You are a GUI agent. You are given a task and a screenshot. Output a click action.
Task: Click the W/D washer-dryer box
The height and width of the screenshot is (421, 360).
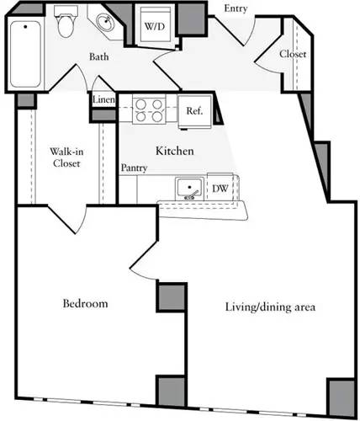pyautogui.click(x=156, y=27)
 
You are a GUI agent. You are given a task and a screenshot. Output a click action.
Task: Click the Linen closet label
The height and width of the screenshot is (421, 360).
pyautogui.click(x=103, y=99)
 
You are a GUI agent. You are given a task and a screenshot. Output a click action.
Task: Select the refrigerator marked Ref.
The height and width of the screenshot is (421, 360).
pyautogui.click(x=194, y=109)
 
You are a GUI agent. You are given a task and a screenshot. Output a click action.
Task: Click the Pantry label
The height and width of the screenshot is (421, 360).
pyautogui.click(x=134, y=168)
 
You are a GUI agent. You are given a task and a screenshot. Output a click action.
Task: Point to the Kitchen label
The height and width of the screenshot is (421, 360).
pyautogui.click(x=175, y=152)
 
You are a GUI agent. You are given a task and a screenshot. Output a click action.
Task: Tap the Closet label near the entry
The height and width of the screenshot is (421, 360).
pyautogui.click(x=293, y=54)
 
